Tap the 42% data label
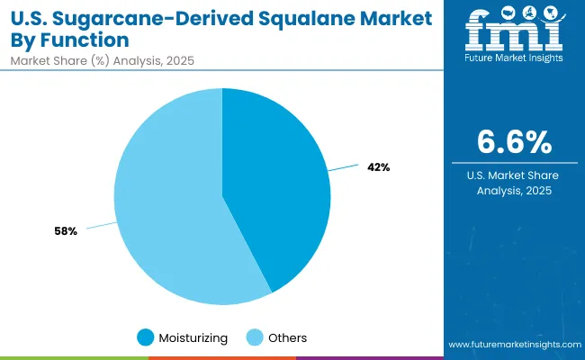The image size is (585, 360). pyautogui.click(x=378, y=166)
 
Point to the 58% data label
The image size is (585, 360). pyautogui.click(x=67, y=231)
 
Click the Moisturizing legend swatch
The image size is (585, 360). pyautogui.click(x=146, y=337)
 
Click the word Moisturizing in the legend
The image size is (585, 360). pyautogui.click(x=193, y=337)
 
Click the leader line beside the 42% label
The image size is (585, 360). pyautogui.click(x=344, y=167)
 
